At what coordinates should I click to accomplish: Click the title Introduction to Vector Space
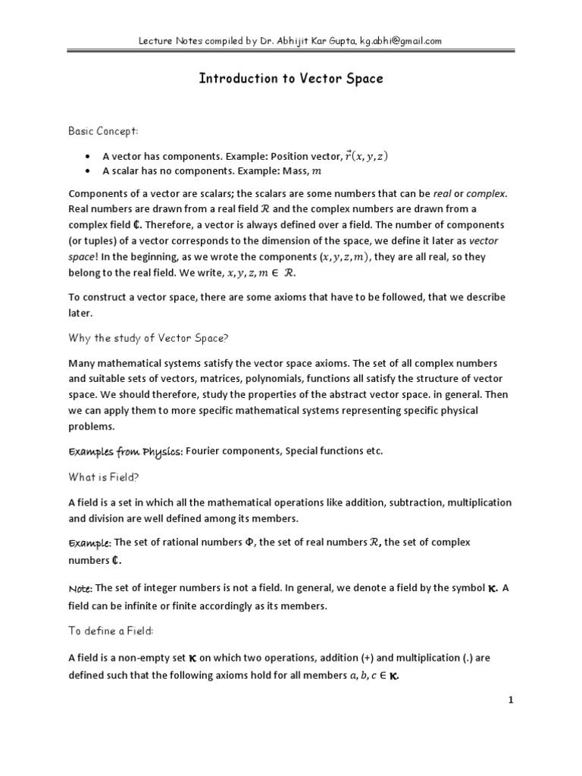click(x=291, y=78)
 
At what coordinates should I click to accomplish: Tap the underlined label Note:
click(x=80, y=588)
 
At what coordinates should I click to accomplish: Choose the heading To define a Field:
click(x=111, y=632)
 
